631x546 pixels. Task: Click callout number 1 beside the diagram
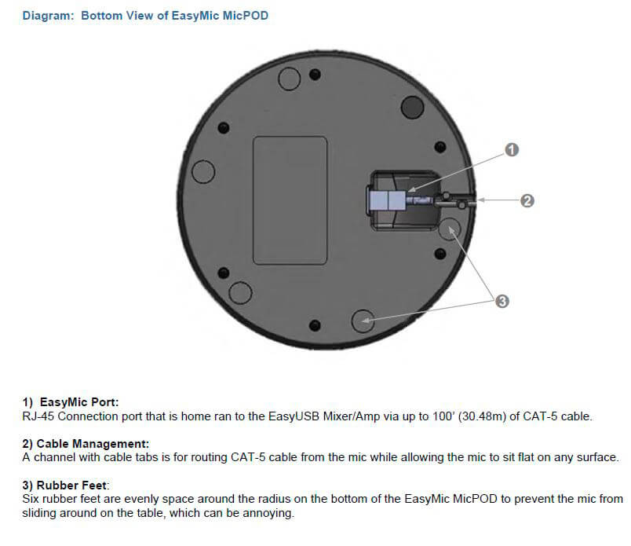click(512, 150)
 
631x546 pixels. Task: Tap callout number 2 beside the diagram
click(527, 200)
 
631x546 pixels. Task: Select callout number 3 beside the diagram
click(502, 301)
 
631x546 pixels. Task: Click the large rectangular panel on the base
click(290, 200)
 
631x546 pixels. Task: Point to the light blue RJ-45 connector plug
click(387, 200)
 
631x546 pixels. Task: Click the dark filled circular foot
click(413, 107)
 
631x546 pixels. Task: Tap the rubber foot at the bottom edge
click(363, 321)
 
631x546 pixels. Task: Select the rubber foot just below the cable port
click(449, 229)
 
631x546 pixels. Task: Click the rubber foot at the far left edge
click(203, 172)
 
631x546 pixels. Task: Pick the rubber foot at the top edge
click(289, 79)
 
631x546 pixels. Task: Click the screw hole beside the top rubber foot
click(315, 75)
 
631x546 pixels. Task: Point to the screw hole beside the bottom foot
click(315, 325)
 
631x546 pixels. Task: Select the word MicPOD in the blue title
click(246, 16)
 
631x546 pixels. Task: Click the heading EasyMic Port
click(79, 402)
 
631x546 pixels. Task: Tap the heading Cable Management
click(93, 444)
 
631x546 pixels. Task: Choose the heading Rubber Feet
click(72, 486)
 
